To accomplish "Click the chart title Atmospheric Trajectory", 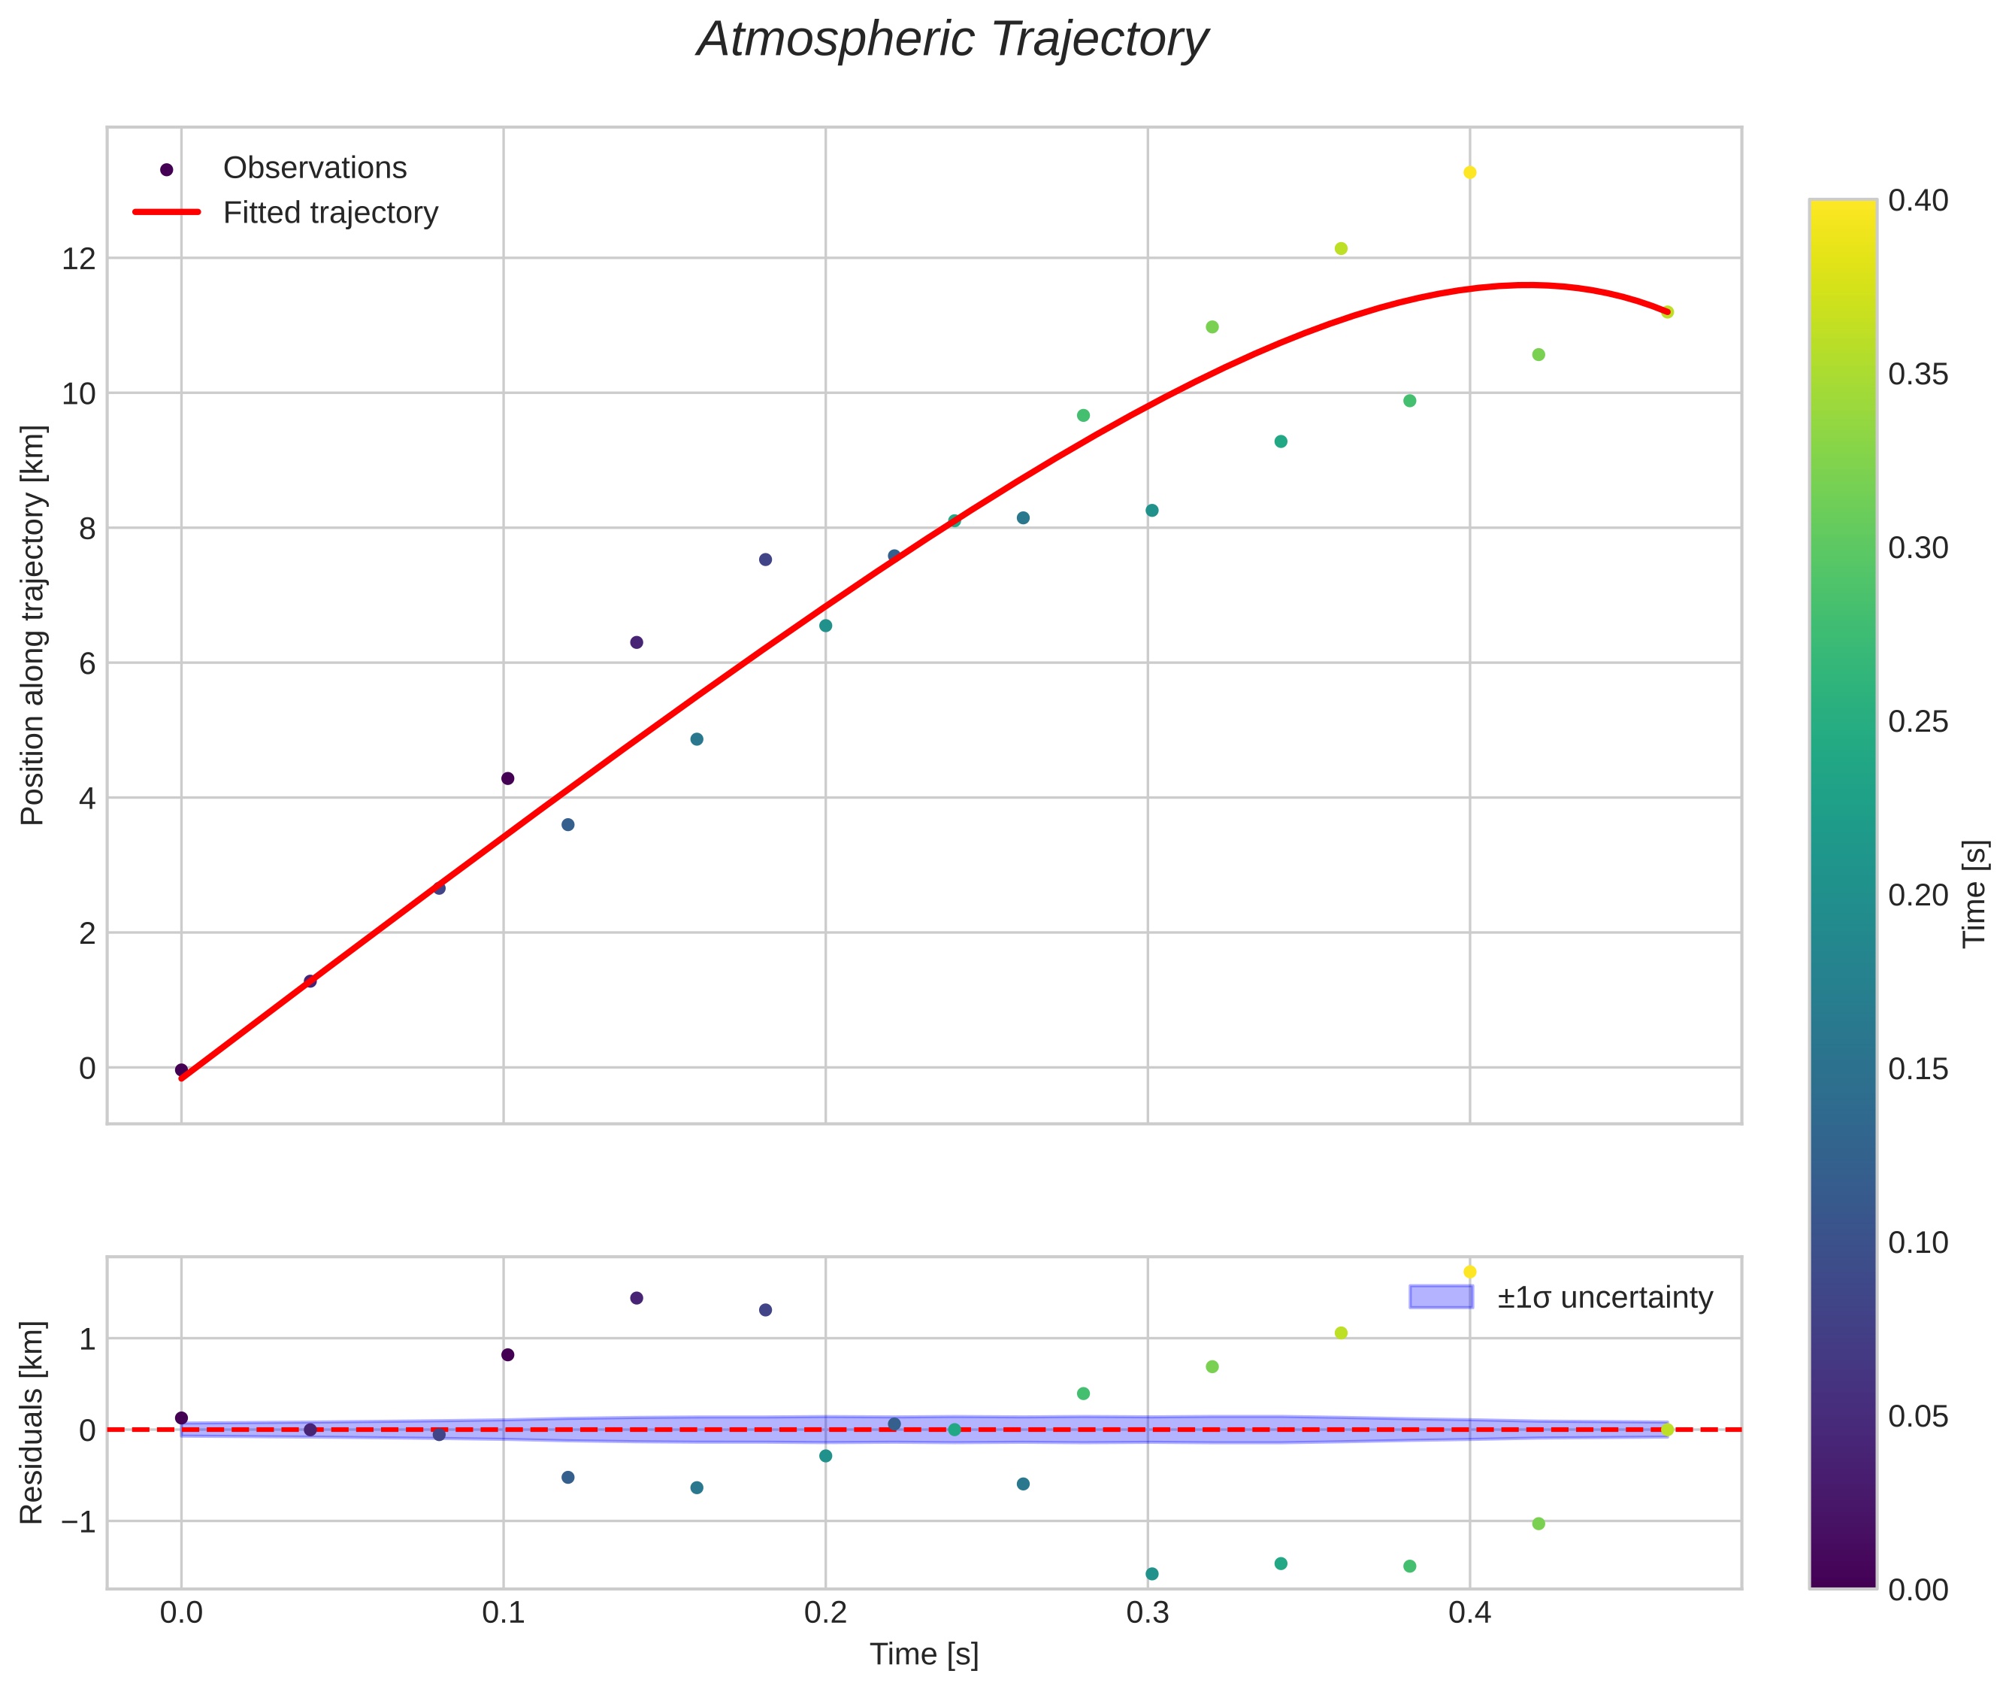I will (952, 40).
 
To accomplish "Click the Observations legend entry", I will (314, 168).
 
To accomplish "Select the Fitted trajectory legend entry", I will (330, 213).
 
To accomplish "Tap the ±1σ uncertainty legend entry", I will (1604, 1297).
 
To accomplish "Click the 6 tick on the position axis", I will (87, 663).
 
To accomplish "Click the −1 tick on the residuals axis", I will (74, 1521).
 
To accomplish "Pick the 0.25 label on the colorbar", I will (1918, 722).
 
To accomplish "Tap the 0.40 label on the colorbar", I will (1918, 200).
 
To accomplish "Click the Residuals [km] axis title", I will (32, 1422).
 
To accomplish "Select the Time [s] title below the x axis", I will (924, 1654).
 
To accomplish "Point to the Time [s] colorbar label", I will (1974, 893).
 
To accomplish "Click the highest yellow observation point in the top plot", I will (1469, 172).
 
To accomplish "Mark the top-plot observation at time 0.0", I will (181, 1069).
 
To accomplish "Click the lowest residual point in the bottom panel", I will (1151, 1574).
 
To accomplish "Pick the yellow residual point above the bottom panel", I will (1469, 1272).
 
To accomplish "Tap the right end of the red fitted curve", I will (1666, 312).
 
